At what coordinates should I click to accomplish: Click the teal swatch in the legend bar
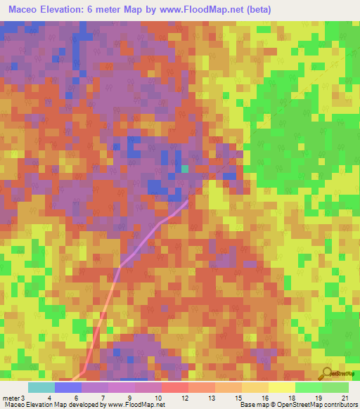coord(41,387)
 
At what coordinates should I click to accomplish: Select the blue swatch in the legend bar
coord(68,387)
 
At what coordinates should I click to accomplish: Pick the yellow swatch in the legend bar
coord(281,387)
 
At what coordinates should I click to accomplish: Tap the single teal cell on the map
coord(184,169)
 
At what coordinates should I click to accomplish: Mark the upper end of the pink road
coord(187,201)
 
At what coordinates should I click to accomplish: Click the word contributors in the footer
coord(341,405)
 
